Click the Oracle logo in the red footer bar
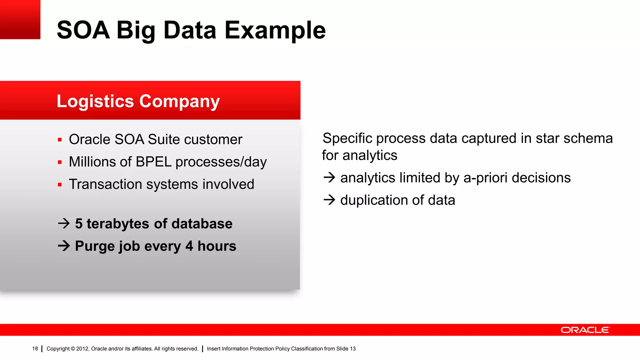[585, 330]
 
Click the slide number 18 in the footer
[35, 349]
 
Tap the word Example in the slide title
[275, 30]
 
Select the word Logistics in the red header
[95, 101]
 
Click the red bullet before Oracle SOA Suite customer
[60, 140]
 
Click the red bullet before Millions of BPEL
[60, 162]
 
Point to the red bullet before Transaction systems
[60, 185]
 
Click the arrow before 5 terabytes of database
[64, 223]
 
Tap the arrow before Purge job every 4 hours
[64, 246]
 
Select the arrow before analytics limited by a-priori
[329, 177]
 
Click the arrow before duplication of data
[329, 200]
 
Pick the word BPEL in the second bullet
[153, 162]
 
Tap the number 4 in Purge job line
[189, 246]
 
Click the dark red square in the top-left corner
[20, 19]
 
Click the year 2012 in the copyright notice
[82, 349]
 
